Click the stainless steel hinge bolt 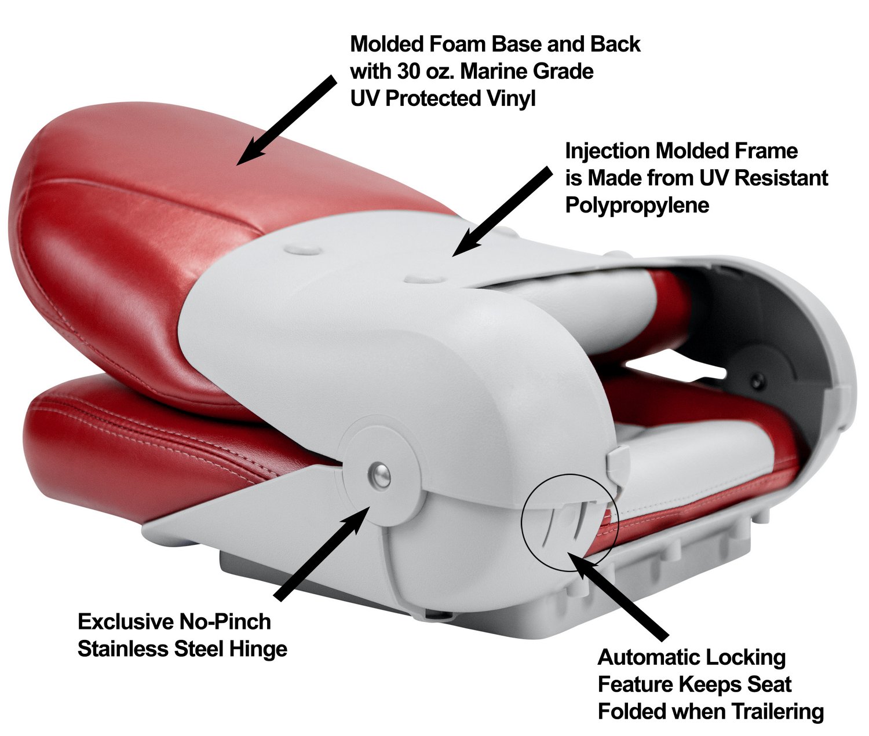379,474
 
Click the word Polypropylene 637,205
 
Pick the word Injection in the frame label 607,151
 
